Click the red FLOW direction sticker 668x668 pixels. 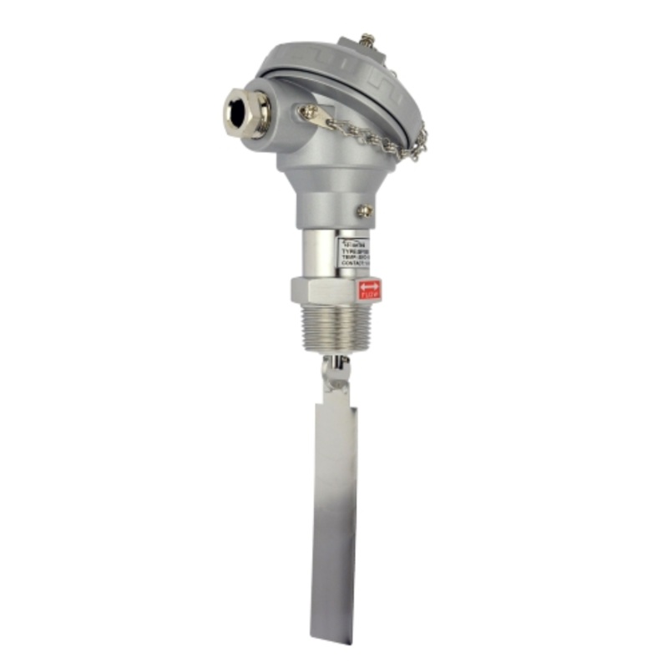[x=369, y=290]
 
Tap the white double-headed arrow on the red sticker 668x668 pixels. [x=369, y=286]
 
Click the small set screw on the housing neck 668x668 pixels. [x=363, y=211]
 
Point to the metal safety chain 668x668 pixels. [x=367, y=138]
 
